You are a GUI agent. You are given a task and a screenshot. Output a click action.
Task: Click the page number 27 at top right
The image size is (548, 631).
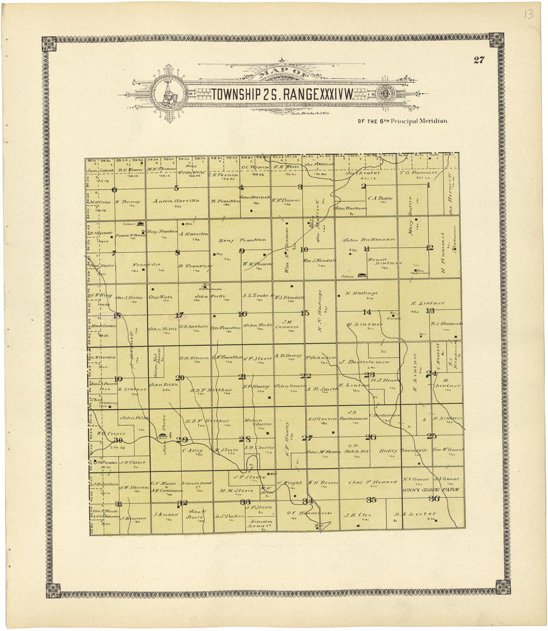pos(479,60)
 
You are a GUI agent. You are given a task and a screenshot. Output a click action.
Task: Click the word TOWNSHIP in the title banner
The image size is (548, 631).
pos(235,94)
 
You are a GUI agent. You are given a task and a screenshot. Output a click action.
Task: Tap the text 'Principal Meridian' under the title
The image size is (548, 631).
pos(419,121)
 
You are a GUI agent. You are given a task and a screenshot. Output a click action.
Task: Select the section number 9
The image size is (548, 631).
pos(242,251)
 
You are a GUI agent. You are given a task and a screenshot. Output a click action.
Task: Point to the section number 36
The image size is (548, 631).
pos(434,498)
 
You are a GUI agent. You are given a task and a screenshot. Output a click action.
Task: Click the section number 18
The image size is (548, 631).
pos(117,315)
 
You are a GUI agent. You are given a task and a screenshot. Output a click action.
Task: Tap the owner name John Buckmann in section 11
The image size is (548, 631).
pos(369,240)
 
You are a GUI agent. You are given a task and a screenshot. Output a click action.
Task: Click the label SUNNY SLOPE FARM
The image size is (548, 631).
pos(431,490)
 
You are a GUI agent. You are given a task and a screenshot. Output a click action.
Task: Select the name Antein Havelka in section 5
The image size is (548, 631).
pos(176,201)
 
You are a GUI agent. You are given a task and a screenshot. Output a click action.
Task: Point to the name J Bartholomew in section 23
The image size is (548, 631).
pos(364,362)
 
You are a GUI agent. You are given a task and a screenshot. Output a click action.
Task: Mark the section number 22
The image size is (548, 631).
pos(305,376)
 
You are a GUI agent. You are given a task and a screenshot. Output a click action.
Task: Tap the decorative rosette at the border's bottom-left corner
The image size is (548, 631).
pos(53,590)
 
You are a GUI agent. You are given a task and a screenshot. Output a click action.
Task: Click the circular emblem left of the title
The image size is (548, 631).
pos(168,94)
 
